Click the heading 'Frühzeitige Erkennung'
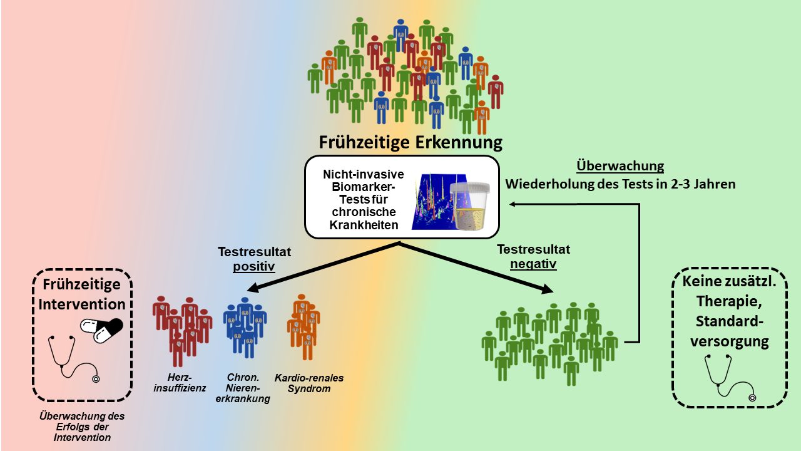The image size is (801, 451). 411,142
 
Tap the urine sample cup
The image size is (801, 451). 469,205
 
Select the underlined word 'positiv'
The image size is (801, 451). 254,267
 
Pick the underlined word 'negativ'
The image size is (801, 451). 533,264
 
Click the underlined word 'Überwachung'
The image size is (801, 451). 620,166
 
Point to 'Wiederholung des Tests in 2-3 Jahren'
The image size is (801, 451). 620,184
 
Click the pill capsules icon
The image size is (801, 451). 101,330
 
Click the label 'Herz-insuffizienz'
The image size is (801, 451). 180,383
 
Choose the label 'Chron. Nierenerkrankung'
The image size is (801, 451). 243,388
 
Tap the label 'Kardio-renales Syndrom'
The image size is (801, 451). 309,383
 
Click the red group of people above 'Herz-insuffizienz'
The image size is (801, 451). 182,331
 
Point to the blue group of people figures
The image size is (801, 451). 245,328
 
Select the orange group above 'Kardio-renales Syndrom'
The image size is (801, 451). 304,327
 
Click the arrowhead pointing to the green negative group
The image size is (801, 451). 547,289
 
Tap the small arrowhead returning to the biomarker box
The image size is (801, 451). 512,204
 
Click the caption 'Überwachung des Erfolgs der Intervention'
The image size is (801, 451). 82,427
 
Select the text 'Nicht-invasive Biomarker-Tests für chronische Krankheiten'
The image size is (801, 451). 364,200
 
